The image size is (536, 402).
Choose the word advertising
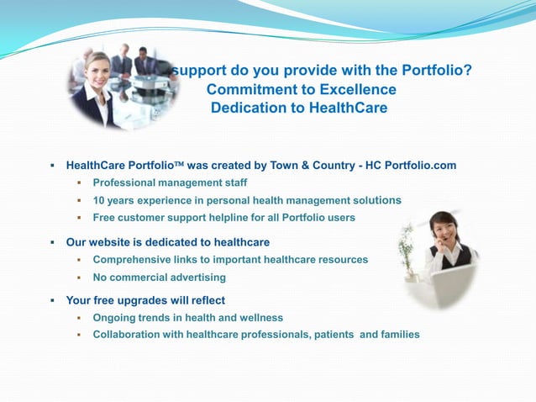195,278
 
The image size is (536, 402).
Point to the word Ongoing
114,318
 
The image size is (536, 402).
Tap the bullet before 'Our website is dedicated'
52,243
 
